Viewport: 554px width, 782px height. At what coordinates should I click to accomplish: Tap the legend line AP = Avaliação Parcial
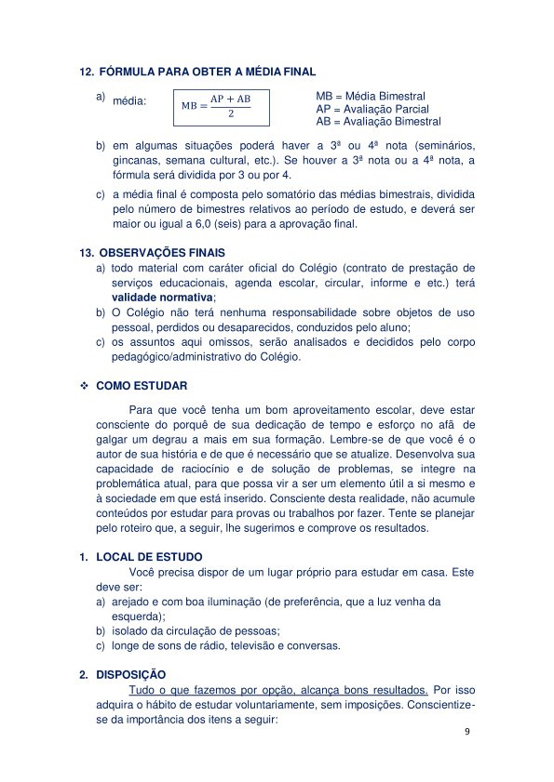(x=372, y=109)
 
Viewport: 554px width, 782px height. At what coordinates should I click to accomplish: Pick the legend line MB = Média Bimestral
(x=371, y=96)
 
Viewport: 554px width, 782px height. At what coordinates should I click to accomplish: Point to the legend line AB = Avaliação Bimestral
(x=378, y=122)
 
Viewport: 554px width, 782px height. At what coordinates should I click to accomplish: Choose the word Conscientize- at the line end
(x=438, y=705)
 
